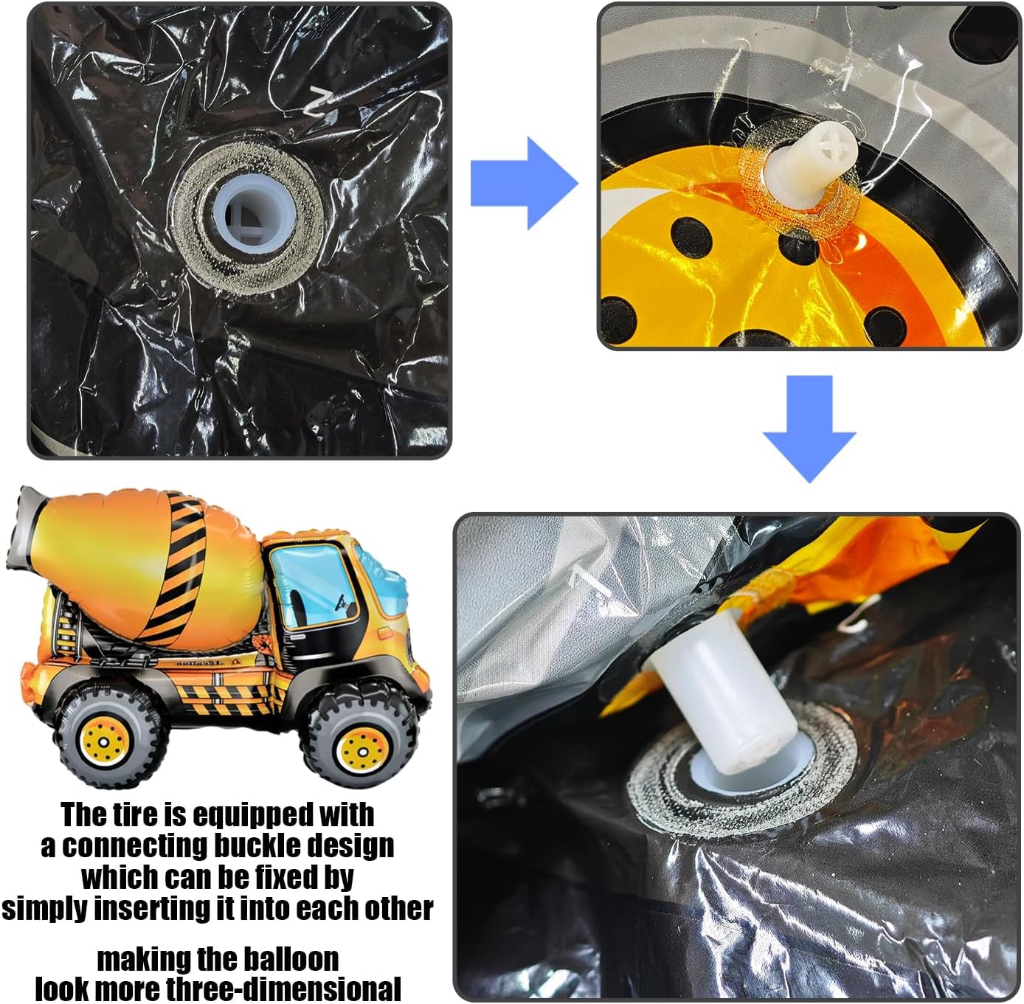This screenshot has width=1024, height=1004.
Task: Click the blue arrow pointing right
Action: (525, 184)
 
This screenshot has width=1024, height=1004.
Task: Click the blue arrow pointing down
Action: (809, 429)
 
